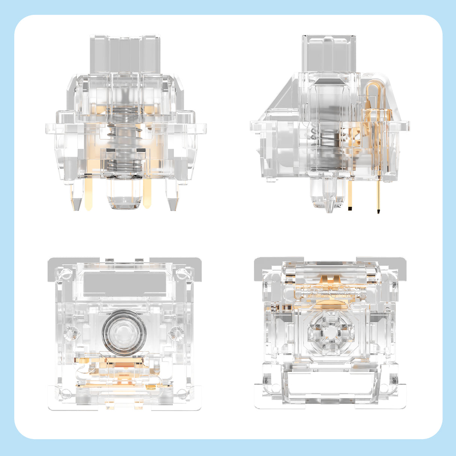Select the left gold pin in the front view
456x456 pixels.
pyautogui.click(x=89, y=193)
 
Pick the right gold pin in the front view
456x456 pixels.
pyautogui.click(x=147, y=193)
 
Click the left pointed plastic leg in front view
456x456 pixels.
pyautogui.click(x=76, y=197)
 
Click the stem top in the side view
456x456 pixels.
pyautogui.click(x=329, y=53)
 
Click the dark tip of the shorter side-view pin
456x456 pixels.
pyautogui.click(x=350, y=208)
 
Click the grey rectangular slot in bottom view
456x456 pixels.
pyautogui.click(x=125, y=283)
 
